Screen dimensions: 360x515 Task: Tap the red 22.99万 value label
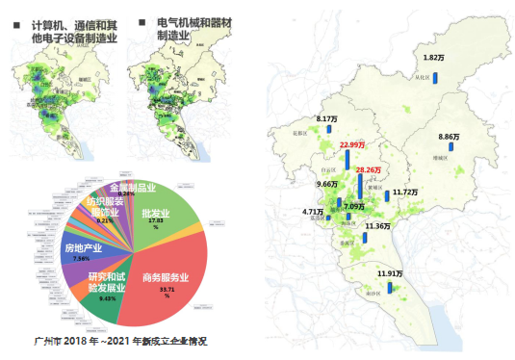[352, 144]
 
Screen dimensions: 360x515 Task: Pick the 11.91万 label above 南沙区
[390, 274]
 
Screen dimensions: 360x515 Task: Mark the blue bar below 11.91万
[390, 289]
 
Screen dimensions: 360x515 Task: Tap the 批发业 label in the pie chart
[155, 214]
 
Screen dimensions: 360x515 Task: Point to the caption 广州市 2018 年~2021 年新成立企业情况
[120, 341]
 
